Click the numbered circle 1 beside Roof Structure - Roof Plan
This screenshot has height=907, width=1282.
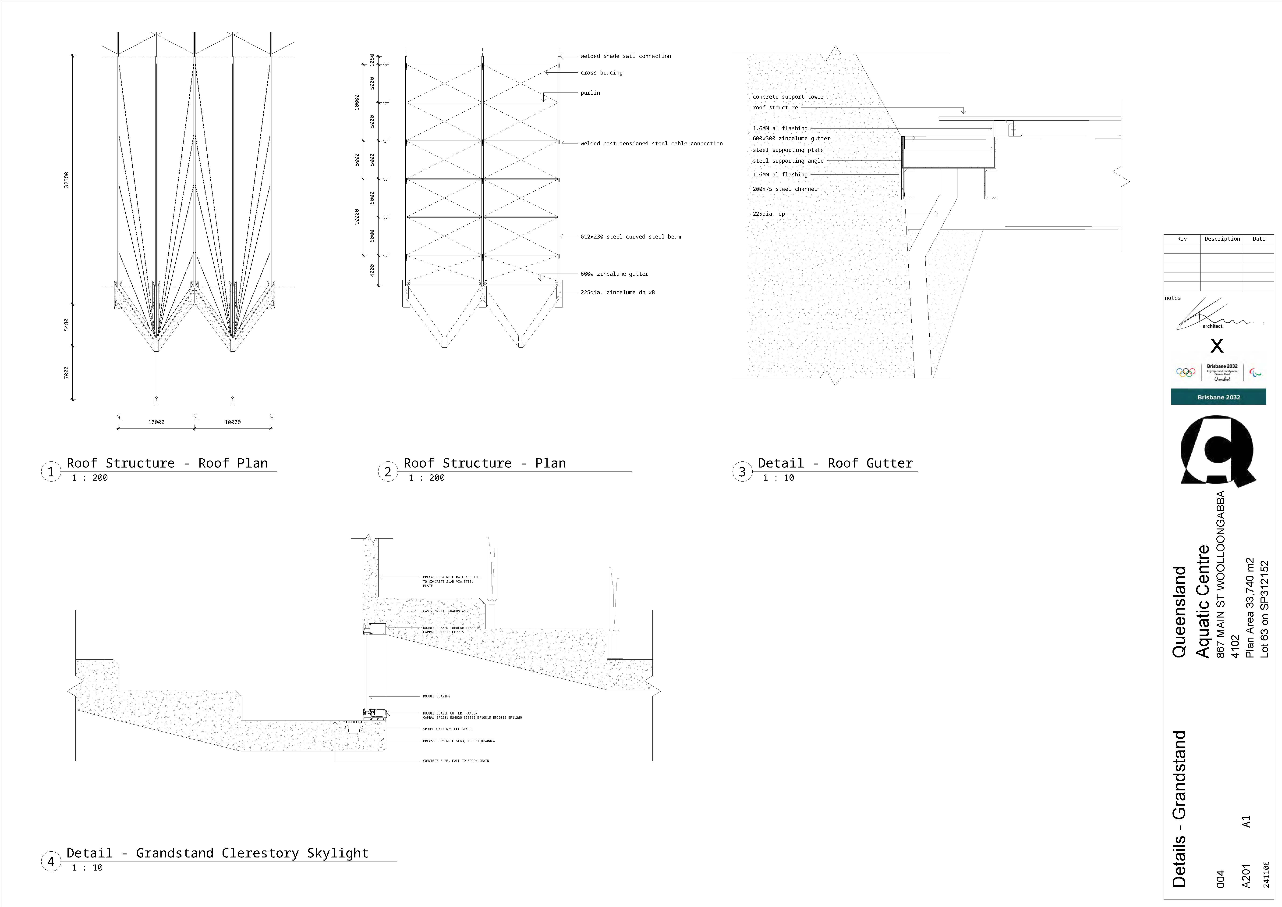pyautogui.click(x=51, y=472)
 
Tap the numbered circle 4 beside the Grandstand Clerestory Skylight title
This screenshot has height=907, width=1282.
pyautogui.click(x=51, y=862)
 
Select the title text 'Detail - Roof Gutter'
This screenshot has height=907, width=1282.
pyautogui.click(x=835, y=463)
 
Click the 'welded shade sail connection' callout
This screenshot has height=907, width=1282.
pyautogui.click(x=625, y=56)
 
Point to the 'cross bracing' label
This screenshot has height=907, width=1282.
pyautogui.click(x=601, y=73)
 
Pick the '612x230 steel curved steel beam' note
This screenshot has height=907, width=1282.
pyautogui.click(x=630, y=237)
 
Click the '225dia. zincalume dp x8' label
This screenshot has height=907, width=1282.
pyautogui.click(x=618, y=292)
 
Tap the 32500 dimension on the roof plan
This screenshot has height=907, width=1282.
pyautogui.click(x=67, y=180)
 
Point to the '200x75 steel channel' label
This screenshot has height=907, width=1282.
pyautogui.click(x=785, y=189)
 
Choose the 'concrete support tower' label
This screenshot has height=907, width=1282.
pyautogui.click(x=788, y=97)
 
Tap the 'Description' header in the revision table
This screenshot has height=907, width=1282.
pyautogui.click(x=1222, y=239)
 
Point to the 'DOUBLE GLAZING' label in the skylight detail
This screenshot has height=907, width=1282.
pyautogui.click(x=436, y=696)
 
